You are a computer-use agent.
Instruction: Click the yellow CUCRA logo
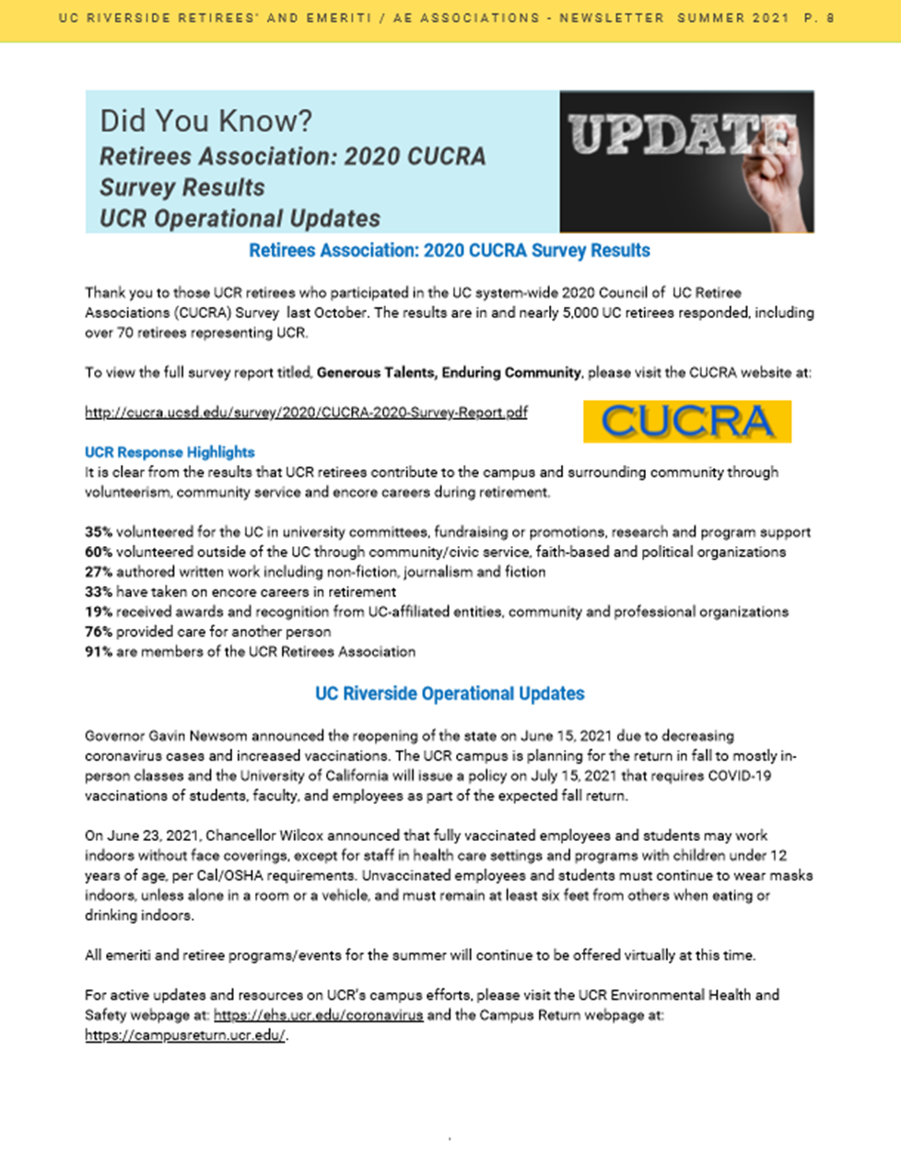(687, 421)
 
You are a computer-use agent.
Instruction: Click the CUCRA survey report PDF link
(306, 413)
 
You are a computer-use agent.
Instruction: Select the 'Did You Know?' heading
(205, 121)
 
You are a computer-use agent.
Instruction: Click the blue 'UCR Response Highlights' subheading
(170, 452)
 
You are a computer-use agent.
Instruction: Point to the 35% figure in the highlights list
(99, 532)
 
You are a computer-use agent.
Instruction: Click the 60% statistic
(99, 553)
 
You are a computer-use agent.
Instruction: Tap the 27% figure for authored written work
(99, 572)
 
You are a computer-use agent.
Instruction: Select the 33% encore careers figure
(99, 592)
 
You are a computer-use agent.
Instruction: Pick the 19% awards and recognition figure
(99, 612)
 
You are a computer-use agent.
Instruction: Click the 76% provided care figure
(99, 632)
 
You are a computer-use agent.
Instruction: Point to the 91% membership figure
(99, 652)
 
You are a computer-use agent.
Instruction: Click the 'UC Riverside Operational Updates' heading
(450, 694)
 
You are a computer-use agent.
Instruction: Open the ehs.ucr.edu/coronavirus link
(318, 1015)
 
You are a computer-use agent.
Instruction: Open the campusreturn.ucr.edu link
(185, 1035)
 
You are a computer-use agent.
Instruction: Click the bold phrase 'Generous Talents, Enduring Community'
(449, 373)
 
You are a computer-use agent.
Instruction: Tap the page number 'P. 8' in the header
(820, 18)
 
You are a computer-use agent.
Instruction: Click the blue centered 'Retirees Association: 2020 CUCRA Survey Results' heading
(450, 251)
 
